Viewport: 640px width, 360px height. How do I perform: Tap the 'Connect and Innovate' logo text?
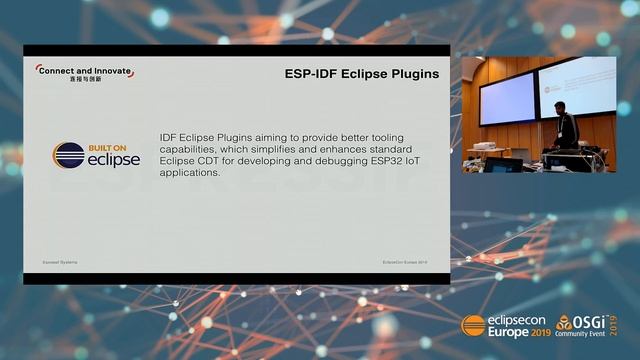[x=84, y=69]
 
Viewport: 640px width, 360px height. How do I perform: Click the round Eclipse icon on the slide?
[x=69, y=156]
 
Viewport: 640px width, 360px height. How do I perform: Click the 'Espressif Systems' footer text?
[x=59, y=261]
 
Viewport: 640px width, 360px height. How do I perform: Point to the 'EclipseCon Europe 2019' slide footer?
[x=405, y=261]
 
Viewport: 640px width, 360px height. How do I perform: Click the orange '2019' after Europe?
[x=542, y=333]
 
